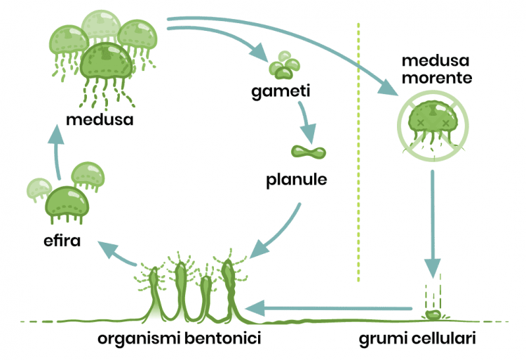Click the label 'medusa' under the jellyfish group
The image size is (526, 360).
pos(100,119)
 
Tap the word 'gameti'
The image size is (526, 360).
pos(281,91)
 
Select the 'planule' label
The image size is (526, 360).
pos(297,180)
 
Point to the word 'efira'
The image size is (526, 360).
pos(62,240)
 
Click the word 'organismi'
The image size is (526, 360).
pos(140,338)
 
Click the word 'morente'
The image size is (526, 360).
pos(437,78)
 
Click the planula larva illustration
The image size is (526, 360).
pos(309,152)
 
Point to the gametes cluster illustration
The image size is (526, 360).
pos(284,65)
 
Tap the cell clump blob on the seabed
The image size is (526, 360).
pos(433,314)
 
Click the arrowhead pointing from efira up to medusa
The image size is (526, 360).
pos(56,134)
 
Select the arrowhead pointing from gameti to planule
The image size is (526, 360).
pos(309,133)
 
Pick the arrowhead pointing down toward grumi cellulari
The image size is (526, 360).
pos(433,268)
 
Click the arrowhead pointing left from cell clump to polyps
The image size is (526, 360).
pos(255,308)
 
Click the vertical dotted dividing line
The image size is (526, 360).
pos(358,152)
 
